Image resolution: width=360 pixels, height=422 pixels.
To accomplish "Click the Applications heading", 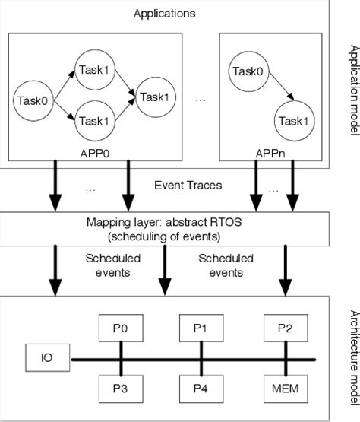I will point(163,14).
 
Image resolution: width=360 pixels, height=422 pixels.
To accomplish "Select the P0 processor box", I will point(121,329).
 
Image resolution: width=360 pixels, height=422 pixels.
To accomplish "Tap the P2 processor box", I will point(284,329).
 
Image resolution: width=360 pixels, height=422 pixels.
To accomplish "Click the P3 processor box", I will point(121,389).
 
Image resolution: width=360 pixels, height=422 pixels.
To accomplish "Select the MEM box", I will point(284,389).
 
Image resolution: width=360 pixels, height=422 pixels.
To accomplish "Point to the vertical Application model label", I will point(352,90).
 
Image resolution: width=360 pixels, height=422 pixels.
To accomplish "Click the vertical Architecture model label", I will point(352,357).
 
